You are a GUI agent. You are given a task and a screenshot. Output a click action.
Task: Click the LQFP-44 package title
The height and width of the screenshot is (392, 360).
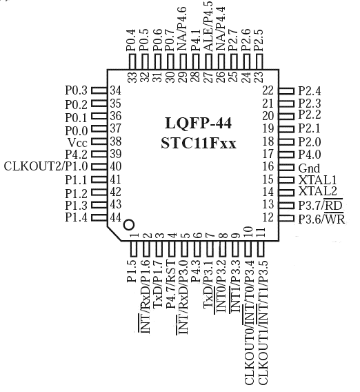[199, 124]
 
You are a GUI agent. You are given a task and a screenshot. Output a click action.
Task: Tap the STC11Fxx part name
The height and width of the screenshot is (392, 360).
[199, 144]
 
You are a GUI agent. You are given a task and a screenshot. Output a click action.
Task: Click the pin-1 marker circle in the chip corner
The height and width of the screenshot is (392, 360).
[129, 224]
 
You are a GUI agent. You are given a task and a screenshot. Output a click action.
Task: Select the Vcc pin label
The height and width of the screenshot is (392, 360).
[77, 142]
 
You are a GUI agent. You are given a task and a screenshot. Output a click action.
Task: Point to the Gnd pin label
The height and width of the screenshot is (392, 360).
[309, 168]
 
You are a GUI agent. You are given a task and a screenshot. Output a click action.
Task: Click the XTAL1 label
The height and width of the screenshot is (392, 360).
[317, 180]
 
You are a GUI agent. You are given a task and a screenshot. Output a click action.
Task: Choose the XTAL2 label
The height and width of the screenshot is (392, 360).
[317, 191]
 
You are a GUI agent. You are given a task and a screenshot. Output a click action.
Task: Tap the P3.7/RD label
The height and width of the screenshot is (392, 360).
[321, 205]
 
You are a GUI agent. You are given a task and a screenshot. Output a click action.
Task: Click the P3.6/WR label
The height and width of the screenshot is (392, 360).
[321, 219]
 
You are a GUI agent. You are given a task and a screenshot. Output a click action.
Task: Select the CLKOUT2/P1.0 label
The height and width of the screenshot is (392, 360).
[46, 166]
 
